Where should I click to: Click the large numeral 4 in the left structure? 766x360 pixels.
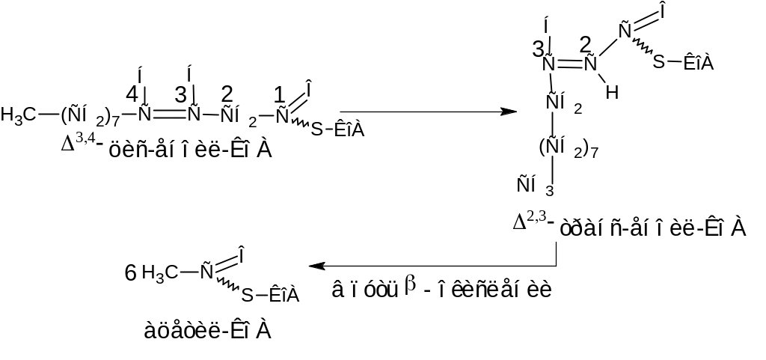(132, 95)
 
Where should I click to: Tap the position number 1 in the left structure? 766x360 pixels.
(280, 95)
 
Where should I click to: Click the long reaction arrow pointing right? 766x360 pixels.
(426, 112)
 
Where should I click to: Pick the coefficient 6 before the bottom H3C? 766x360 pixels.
(130, 273)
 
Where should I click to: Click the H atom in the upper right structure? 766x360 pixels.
(611, 92)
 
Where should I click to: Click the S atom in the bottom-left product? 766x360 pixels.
(248, 296)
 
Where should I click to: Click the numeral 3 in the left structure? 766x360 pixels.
(180, 95)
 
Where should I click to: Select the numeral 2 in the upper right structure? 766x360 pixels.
(586, 44)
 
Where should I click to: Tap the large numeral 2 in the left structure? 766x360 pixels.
(227, 94)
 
